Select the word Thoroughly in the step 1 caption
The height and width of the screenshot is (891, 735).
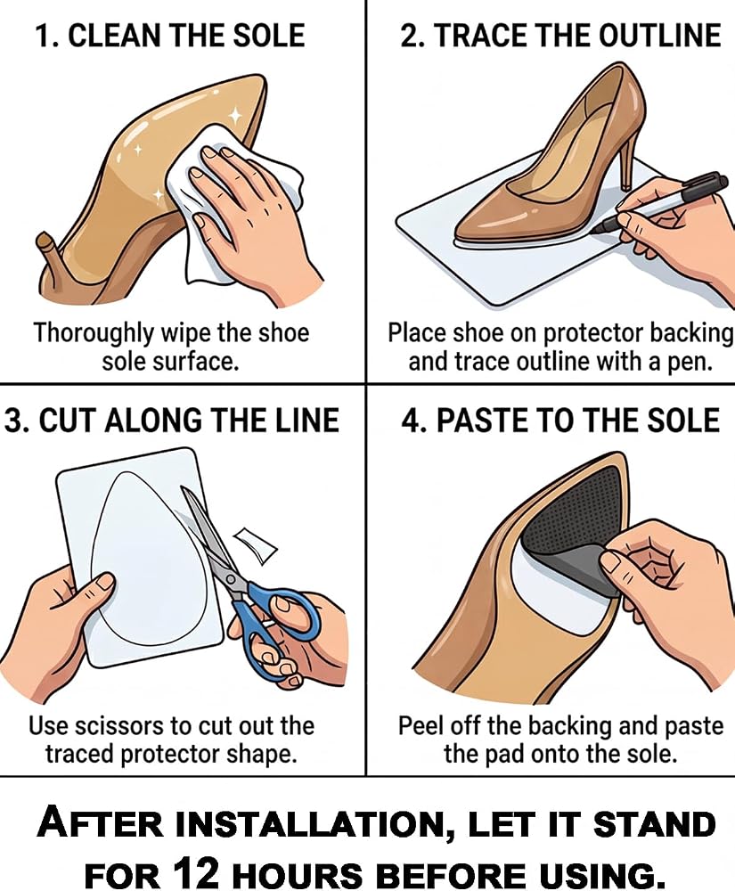pyautogui.click(x=94, y=333)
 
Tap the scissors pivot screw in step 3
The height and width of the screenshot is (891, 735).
pyautogui.click(x=230, y=579)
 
